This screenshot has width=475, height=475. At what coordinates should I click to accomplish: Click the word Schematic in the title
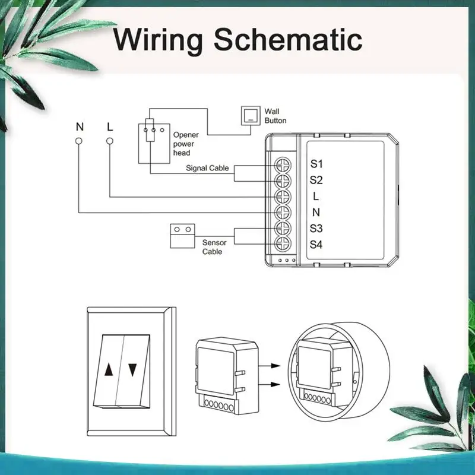pos(288,39)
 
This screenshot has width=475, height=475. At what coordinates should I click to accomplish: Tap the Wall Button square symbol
pos(251,115)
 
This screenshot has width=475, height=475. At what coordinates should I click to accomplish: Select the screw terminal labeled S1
pos(283,166)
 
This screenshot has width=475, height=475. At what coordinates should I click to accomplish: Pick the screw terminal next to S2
pos(283,181)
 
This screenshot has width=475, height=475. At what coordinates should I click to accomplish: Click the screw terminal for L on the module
pos(283,197)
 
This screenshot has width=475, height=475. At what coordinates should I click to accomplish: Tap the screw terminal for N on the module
pos(283,213)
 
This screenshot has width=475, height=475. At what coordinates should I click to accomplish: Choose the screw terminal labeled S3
pos(283,229)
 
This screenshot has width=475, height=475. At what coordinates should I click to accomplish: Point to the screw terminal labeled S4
pos(283,244)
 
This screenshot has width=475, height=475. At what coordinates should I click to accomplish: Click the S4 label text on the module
pos(316,245)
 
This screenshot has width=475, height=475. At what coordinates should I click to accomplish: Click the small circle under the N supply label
pos(79,141)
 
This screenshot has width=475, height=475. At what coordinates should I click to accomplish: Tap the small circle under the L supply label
pos(110,141)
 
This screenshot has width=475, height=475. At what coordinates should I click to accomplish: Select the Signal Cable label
pos(207,168)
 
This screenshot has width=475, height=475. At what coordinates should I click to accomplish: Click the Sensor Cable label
pos(214,247)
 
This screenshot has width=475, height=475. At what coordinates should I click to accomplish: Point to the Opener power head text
pos(186,144)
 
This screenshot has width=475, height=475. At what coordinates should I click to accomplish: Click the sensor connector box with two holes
pos(182,236)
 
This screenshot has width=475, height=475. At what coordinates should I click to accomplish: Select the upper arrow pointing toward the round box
pos(269,366)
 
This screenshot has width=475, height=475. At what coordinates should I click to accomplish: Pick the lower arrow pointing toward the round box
pos(269,384)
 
